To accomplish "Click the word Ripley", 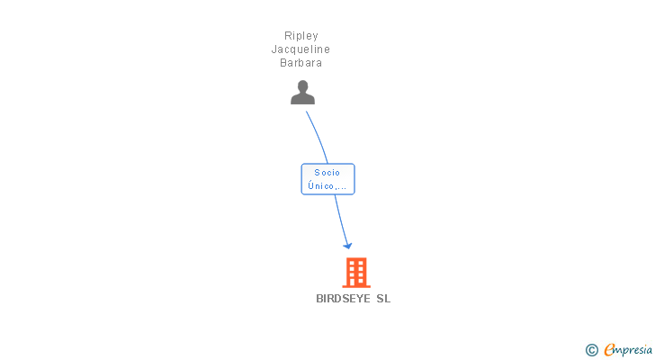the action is coord(301,36).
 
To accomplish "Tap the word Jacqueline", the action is coord(301,49).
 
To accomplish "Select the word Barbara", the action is coord(301,63).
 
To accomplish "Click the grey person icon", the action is coord(302,93).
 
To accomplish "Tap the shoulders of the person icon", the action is coord(302,99).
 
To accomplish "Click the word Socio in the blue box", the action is coord(327,173).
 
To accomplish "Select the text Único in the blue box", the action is coord(321,185).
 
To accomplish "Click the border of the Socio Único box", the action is coord(301,179).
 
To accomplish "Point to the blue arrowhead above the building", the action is coord(347,246).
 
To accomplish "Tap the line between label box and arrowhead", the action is coord(341,220).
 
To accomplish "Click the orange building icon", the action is coord(356,273).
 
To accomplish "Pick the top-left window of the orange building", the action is coord(352,263).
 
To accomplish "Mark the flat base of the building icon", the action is coord(356,286).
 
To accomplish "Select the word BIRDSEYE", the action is coord(343,299).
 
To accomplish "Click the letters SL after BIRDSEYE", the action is coord(383,299).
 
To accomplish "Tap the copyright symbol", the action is coord(591,350).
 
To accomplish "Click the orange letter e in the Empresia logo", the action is coord(609,349).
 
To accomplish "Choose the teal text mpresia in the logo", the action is coord(633,350).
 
